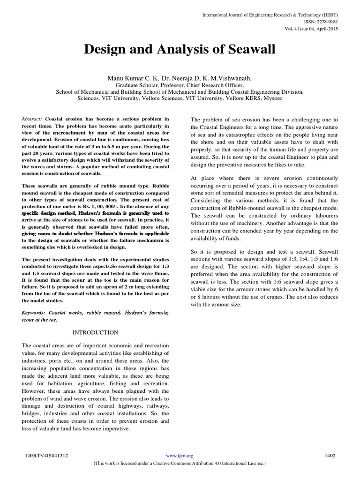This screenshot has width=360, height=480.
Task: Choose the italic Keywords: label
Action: coord(36,312)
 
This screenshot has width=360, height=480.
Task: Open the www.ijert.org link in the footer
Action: coord(180,455)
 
